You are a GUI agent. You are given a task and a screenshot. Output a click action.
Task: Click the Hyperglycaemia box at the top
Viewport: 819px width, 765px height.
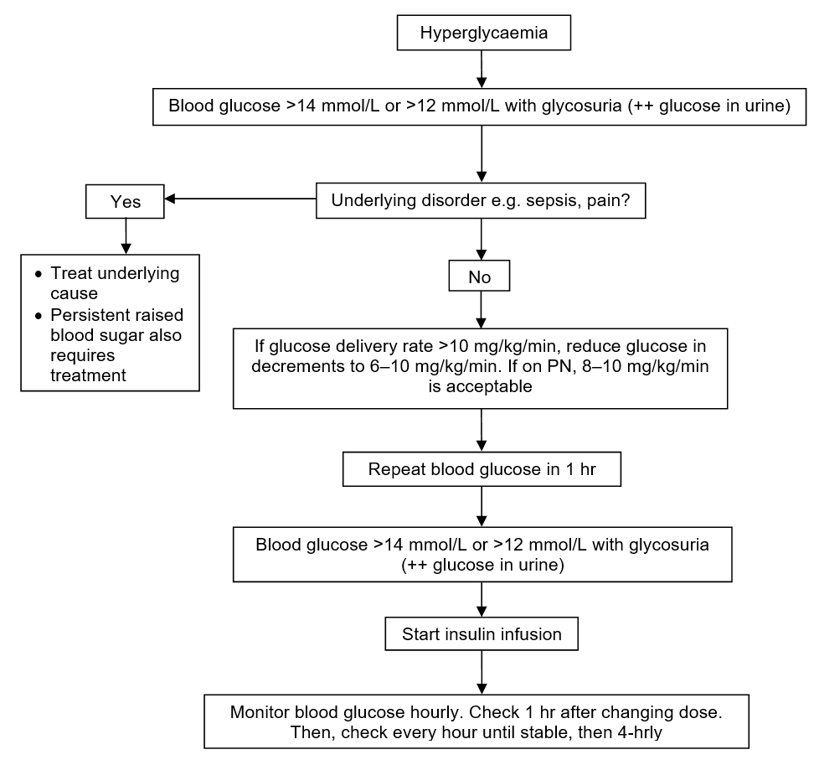tap(484, 33)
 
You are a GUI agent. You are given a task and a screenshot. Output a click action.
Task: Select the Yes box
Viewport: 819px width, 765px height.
tap(125, 201)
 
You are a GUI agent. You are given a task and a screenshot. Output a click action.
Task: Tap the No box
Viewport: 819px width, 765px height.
tap(480, 276)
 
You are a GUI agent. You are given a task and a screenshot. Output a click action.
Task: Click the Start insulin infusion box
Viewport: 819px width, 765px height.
tap(482, 633)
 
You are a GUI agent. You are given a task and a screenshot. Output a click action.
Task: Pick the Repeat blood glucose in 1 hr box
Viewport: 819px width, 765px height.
tap(482, 469)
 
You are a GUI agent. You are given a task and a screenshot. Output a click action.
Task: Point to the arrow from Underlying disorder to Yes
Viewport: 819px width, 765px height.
tap(240, 199)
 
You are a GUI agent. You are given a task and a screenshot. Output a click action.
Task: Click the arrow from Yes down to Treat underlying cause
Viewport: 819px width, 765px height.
tap(126, 236)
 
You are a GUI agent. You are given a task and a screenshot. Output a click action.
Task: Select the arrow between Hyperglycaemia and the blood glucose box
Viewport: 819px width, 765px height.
tap(482, 69)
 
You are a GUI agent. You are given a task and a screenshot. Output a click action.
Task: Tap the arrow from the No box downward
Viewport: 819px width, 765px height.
tap(482, 309)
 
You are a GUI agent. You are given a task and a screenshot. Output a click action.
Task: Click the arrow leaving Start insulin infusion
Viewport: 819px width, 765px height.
tap(482, 673)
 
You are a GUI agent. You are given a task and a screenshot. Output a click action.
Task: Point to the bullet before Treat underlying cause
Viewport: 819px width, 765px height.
tap(39, 274)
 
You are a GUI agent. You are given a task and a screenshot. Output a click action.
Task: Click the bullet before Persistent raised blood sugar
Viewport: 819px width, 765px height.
tap(39, 316)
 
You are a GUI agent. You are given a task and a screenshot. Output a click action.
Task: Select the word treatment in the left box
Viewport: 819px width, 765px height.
tap(88, 375)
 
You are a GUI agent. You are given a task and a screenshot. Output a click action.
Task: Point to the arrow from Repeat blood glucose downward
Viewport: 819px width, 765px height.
tap(482, 506)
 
